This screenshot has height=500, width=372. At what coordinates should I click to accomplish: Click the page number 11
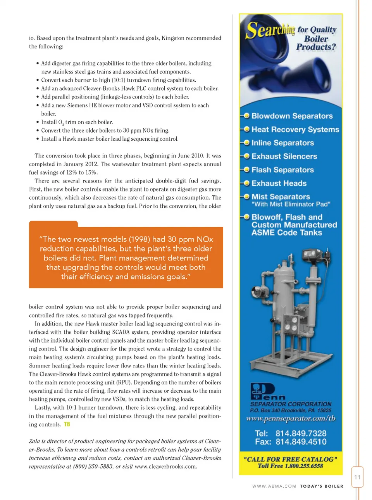357,477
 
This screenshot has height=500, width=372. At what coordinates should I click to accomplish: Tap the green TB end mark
67,424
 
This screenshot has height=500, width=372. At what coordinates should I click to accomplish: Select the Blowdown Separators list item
292,116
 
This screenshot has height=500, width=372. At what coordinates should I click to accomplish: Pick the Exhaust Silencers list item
284,156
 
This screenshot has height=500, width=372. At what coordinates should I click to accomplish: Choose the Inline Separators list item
282,143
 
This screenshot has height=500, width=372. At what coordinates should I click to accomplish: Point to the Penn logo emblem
262,391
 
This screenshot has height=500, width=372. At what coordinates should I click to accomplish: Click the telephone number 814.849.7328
301,433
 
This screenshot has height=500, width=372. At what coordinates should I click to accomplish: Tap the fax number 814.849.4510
301,442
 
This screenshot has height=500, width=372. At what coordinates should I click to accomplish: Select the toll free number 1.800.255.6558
304,466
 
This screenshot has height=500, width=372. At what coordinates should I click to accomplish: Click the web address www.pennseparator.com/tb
291,418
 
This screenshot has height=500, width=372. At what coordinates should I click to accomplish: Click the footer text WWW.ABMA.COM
274,486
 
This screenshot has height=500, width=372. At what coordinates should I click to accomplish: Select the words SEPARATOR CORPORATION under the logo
291,404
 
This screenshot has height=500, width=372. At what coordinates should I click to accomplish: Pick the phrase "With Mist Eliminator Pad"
291,204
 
